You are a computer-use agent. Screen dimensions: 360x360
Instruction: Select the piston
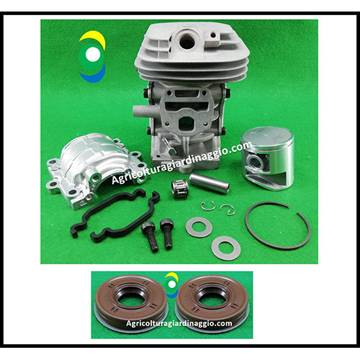tap(268, 158)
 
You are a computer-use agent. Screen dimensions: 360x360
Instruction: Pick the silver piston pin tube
tap(210, 184)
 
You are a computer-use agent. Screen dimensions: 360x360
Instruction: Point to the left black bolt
tap(150, 236)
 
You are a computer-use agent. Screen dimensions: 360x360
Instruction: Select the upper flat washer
tap(199, 227)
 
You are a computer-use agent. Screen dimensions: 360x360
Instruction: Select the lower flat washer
tap(226, 248)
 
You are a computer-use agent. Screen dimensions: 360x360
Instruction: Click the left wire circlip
tap(208, 207)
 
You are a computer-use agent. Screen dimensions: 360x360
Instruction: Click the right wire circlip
tap(228, 210)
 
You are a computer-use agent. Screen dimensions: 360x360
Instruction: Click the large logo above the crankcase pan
tap(92, 56)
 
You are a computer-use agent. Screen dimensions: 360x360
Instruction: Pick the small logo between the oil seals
tap(172, 285)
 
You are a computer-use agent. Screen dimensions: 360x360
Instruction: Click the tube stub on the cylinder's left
tap(141, 111)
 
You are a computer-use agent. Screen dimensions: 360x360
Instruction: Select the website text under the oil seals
tap(179, 323)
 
